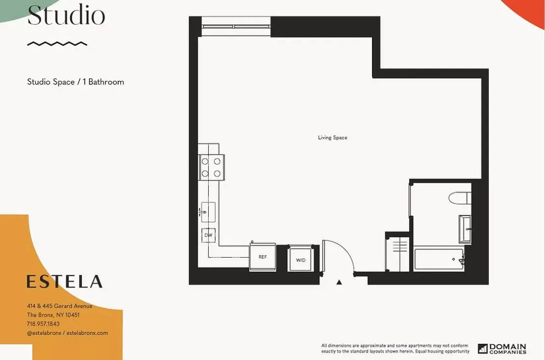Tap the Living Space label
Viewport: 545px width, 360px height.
pos(332,138)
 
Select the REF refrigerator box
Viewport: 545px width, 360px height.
pos(263,257)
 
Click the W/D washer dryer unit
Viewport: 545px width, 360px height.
pos(300,259)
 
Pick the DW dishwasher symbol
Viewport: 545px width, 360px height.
pos(208,236)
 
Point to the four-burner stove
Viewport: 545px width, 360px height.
pos(211,167)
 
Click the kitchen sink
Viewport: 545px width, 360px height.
pos(208,212)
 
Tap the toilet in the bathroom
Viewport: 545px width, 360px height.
pos(460,198)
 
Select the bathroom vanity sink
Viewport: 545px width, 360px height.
pos(465,229)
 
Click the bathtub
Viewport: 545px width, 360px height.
pos(439,259)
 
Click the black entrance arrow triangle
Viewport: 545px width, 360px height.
pos(339,282)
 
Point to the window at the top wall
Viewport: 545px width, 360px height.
pos(236,26)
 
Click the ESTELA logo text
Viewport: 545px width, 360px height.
pos(64,282)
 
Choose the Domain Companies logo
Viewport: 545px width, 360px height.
pos(502,348)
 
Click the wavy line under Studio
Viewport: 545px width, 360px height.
pos(57,44)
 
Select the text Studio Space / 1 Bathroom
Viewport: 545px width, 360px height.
pos(75,82)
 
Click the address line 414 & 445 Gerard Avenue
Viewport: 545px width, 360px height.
pos(59,306)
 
